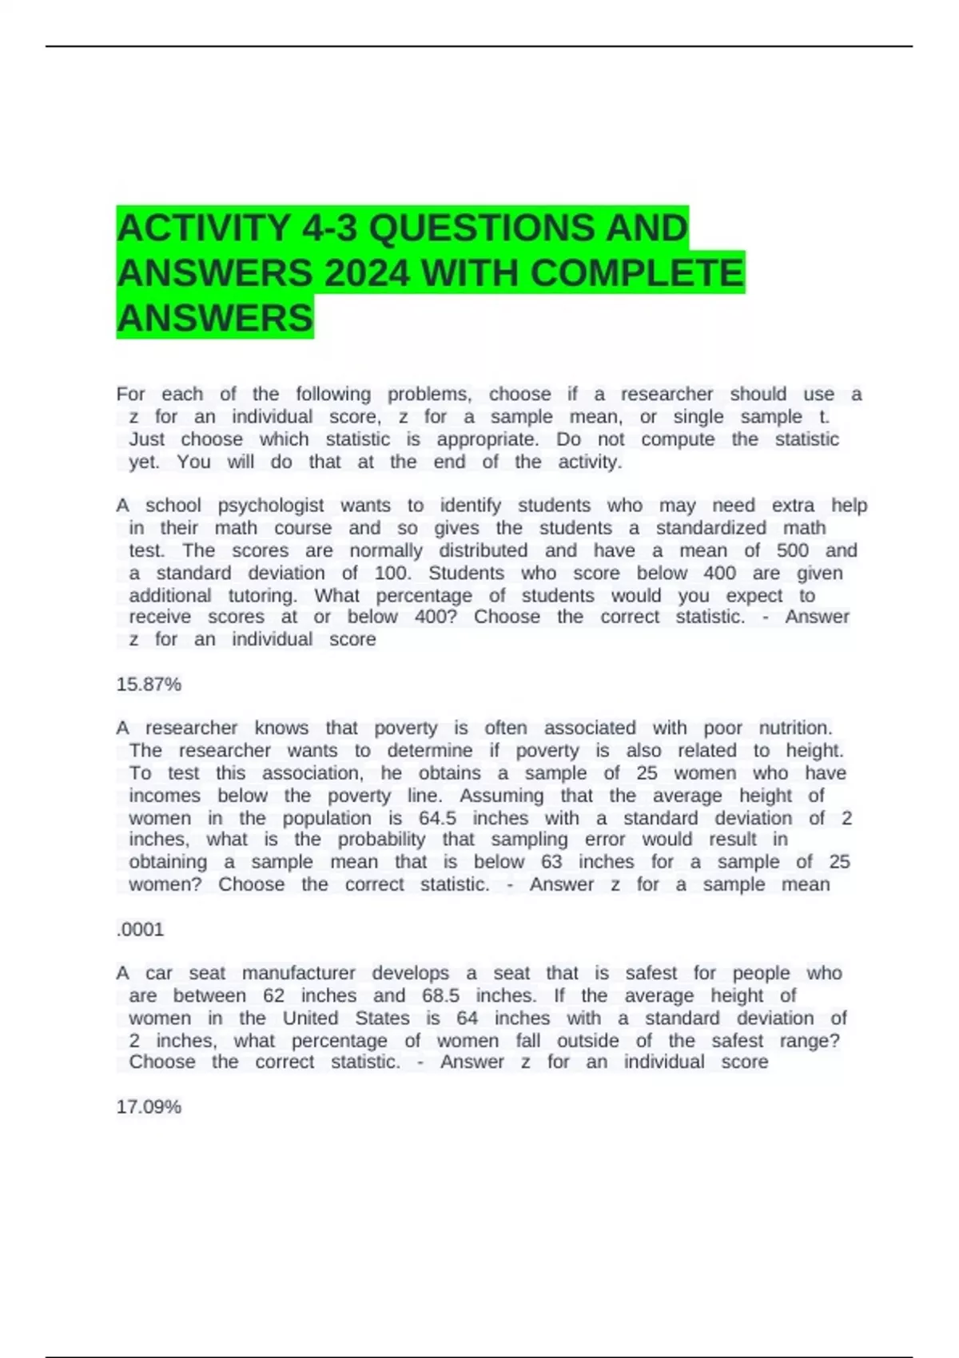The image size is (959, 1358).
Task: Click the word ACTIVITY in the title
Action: pos(203,228)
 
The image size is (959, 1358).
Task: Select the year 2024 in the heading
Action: pos(367,274)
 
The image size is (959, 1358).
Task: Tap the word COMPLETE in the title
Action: pos(637,274)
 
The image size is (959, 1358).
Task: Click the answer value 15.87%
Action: pos(149,685)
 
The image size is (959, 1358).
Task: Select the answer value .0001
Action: pos(140,930)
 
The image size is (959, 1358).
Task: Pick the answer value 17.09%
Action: pos(149,1107)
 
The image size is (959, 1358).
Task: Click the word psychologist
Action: pos(271,506)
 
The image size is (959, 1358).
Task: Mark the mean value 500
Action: pos(793,551)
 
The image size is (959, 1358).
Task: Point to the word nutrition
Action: pos(795,729)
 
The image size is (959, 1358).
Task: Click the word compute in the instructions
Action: pos(678,439)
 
